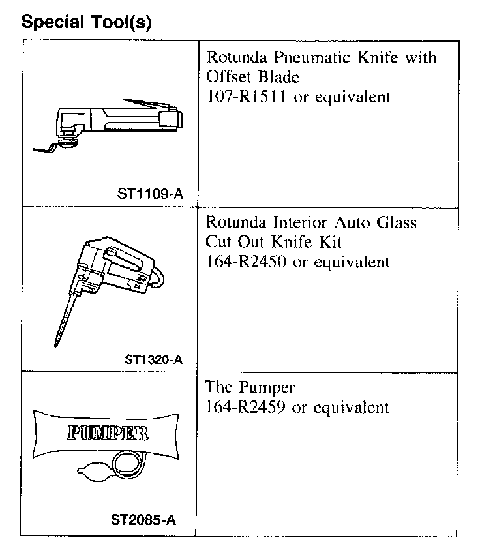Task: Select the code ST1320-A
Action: [153, 359]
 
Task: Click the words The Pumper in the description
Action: [250, 388]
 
